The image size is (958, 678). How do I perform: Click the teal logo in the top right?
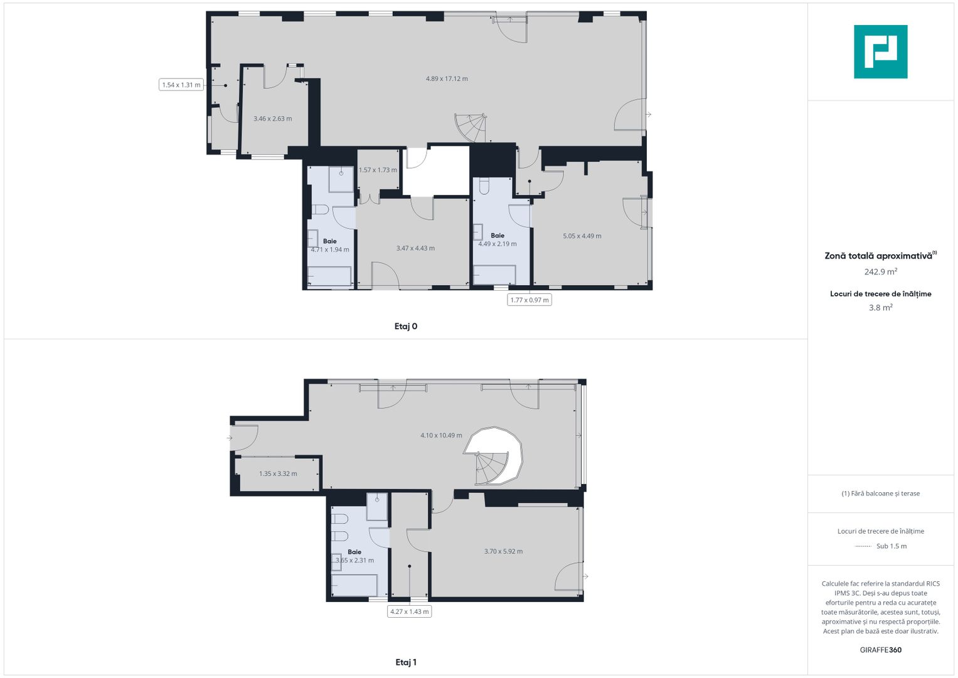[880, 51]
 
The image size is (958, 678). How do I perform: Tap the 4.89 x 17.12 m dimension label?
[447, 79]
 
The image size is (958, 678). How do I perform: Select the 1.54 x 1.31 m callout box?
[181, 85]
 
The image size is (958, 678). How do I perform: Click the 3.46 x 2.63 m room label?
[272, 119]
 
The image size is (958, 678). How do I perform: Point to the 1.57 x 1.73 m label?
[378, 170]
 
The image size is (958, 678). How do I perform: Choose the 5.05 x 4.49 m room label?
[582, 236]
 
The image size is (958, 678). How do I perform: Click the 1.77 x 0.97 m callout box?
[530, 300]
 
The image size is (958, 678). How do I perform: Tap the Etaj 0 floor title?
[406, 326]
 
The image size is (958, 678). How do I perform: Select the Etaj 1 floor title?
[406, 662]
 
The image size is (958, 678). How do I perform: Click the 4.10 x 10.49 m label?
[441, 435]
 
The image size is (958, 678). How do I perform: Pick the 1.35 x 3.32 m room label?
[278, 474]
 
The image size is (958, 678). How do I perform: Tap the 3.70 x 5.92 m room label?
[503, 551]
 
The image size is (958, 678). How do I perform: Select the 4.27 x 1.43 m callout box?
[410, 611]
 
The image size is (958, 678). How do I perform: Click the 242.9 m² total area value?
[880, 272]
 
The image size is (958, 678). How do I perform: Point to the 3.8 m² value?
[880, 308]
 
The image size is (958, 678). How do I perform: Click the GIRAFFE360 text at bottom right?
[880, 650]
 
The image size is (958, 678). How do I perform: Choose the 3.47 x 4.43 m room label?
[415, 248]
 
